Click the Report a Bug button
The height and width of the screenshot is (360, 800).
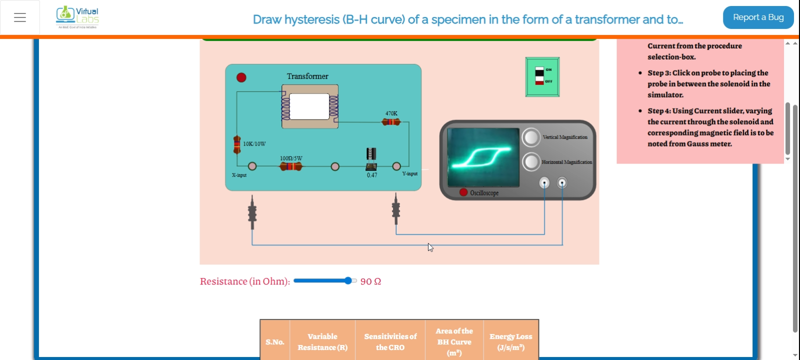758,17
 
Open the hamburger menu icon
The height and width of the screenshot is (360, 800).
20,17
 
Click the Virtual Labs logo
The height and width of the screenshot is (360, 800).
77,17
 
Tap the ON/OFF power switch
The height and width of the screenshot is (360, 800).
542,76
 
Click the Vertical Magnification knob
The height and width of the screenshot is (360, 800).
531,137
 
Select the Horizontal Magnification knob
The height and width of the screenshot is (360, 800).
531,161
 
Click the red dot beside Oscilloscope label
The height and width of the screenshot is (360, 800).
463,192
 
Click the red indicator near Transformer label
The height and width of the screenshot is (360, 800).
241,77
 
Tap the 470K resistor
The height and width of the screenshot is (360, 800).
391,122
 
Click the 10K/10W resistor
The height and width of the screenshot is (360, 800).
237,144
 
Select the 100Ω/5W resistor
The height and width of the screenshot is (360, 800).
290,166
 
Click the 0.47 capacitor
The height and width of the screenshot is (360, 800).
371,159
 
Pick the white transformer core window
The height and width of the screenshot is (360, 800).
309,106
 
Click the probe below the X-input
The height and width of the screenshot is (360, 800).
252,213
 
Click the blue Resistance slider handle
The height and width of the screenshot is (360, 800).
348,281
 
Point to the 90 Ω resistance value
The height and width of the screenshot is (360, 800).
370,281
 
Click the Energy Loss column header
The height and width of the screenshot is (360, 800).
510,342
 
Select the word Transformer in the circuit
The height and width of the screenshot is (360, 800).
307,76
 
